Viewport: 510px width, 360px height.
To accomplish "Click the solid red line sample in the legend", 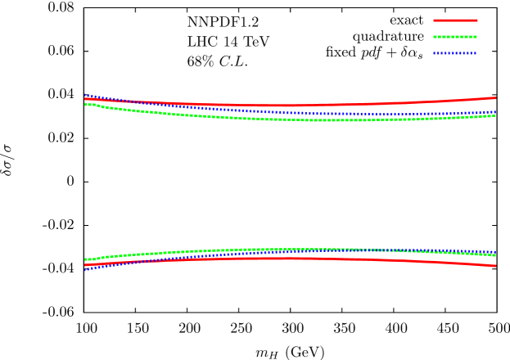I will pyautogui.click(x=455, y=20).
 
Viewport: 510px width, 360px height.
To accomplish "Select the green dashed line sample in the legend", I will pyautogui.click(x=455, y=37).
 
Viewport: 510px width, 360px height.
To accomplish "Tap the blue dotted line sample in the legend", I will pyautogui.click(x=455, y=53).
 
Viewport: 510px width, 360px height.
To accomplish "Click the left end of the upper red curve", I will pyautogui.click(x=85, y=99).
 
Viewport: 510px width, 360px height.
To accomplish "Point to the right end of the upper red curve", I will pyautogui.click(x=495, y=98).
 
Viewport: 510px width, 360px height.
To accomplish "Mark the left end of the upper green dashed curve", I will pyautogui.click(x=85, y=104).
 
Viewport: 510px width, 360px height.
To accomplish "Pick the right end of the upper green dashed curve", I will pyautogui.click(x=495, y=115).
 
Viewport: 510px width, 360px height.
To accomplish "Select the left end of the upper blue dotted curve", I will pyautogui.click(x=85, y=95).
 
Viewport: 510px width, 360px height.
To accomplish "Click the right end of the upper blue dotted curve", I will pyautogui.click(x=495, y=111).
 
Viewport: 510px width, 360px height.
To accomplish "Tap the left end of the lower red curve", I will pyautogui.click(x=85, y=265).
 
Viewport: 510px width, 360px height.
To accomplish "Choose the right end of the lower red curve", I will pyautogui.click(x=495, y=266).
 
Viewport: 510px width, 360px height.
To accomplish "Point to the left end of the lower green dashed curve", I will pyautogui.click(x=85, y=259).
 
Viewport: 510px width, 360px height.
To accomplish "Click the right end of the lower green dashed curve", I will pyautogui.click(x=495, y=255).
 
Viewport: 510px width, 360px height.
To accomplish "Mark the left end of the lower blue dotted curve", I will pyautogui.click(x=85, y=269).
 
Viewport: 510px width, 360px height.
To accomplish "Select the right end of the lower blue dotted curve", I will pyautogui.click(x=495, y=251).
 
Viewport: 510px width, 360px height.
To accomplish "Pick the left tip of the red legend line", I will pyautogui.click(x=434, y=20).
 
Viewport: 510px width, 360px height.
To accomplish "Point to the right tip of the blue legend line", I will pyautogui.click(x=476, y=53).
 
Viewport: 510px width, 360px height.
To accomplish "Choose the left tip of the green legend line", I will pyautogui.click(x=434, y=37).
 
